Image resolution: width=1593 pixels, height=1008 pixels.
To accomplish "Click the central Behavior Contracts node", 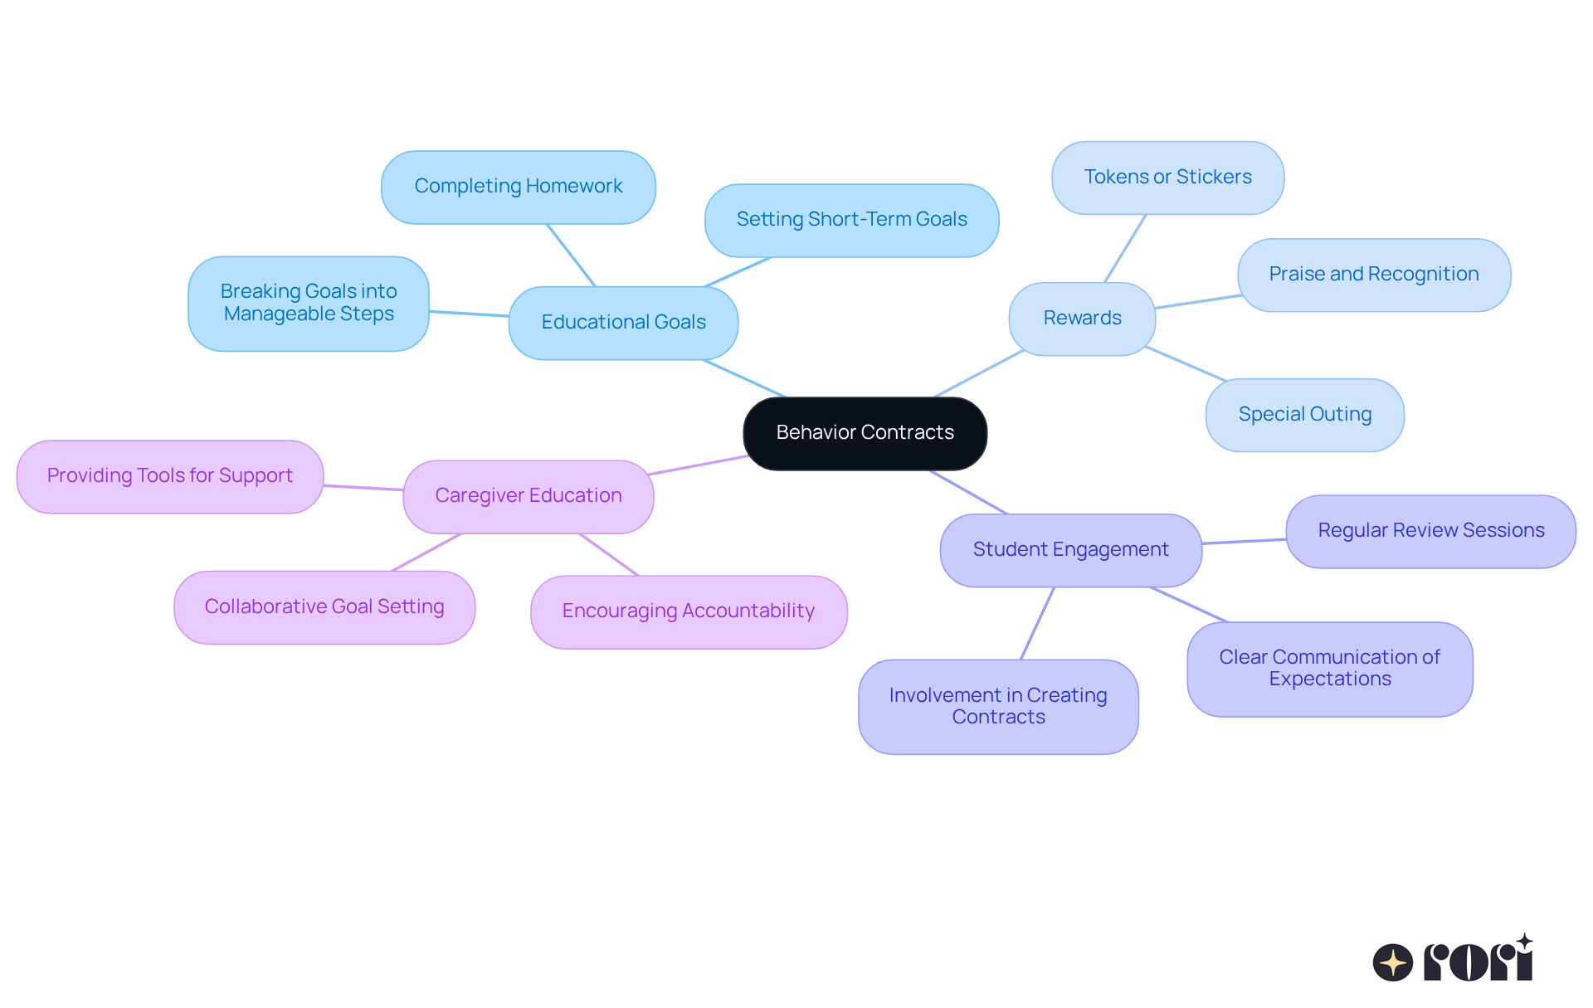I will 865,433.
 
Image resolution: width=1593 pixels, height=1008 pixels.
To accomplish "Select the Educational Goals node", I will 623,323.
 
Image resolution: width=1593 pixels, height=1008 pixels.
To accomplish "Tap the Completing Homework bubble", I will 519,187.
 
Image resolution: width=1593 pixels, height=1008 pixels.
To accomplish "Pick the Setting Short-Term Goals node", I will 851,220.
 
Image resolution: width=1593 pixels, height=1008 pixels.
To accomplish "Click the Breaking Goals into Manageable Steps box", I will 309,303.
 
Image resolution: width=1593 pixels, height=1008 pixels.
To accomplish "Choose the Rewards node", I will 1082,319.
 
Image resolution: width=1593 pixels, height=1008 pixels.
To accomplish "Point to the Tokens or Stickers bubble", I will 1167,178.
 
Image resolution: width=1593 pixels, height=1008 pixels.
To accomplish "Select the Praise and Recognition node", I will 1373,275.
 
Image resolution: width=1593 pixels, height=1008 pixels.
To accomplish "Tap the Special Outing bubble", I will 1304,415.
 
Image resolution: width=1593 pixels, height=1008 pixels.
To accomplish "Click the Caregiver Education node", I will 529,496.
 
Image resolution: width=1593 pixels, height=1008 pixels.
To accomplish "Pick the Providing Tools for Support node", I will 170,476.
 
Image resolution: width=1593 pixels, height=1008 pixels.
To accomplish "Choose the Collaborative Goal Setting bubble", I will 324,607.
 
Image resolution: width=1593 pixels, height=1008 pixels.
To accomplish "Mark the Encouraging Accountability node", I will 689,611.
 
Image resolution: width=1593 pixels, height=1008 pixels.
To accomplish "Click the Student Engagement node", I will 1070,550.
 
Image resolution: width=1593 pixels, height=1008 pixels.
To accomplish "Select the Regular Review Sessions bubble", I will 1430,531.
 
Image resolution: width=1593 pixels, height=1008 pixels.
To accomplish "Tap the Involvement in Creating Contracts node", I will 998,706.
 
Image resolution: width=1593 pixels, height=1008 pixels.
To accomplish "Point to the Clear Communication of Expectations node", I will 1329,669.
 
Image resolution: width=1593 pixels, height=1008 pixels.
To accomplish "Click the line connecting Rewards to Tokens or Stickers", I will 1125,248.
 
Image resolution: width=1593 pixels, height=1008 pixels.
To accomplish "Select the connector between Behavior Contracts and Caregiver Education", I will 699,465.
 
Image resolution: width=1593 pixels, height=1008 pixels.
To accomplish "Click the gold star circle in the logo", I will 1392,962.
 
